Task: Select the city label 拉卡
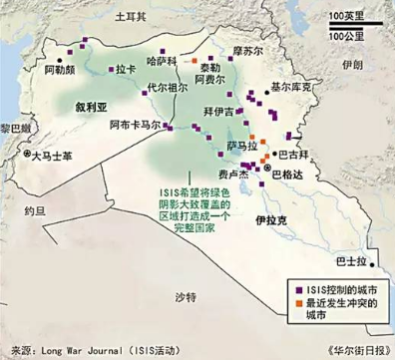point(125,71)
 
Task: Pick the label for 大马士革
point(52,156)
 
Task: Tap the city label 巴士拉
point(350,261)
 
